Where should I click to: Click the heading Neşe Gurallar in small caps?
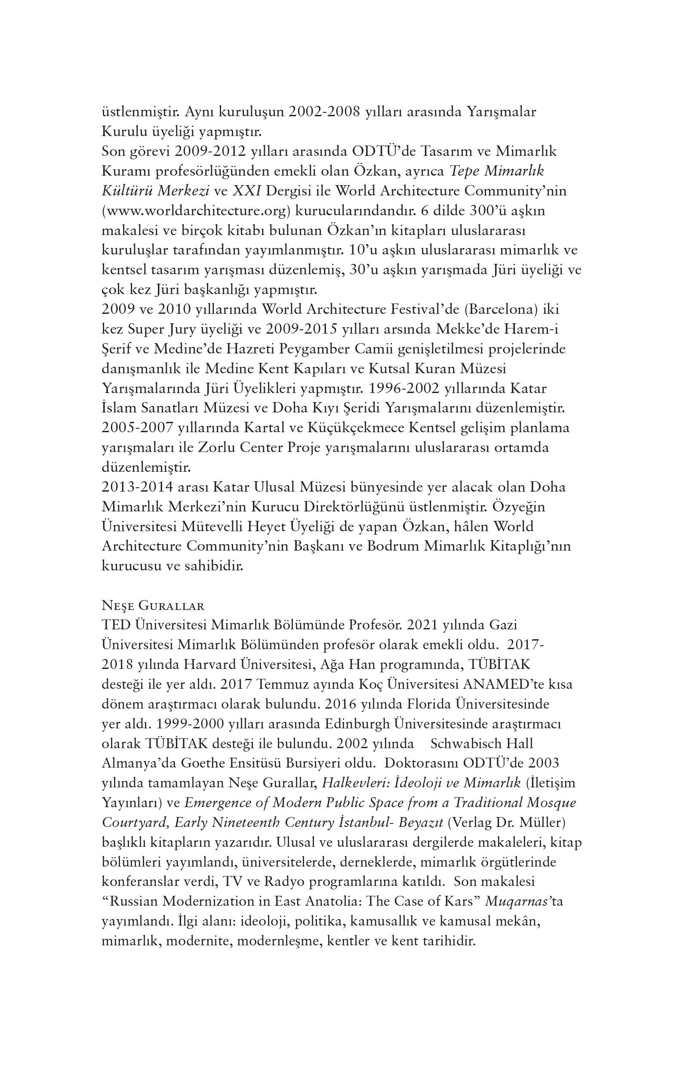[153, 606]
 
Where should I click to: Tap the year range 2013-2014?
[137, 487]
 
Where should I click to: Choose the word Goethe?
[203, 763]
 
